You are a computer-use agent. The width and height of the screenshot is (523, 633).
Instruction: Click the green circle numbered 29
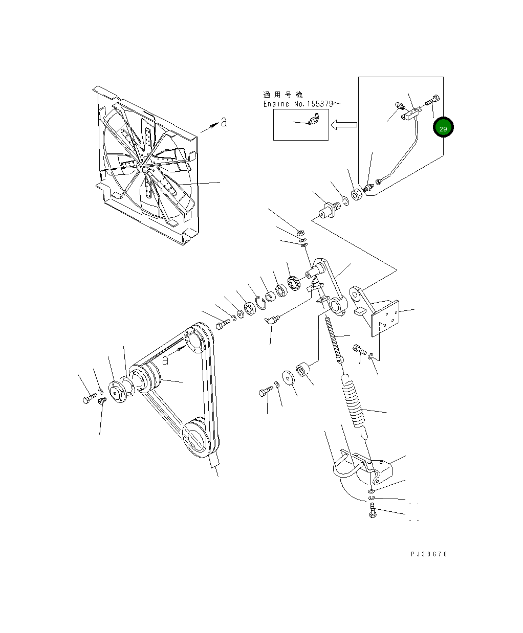443,128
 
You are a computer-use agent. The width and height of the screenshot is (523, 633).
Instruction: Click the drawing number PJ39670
428,554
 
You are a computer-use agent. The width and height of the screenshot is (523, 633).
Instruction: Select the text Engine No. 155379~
302,104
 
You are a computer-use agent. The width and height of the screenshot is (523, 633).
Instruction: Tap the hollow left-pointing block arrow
343,124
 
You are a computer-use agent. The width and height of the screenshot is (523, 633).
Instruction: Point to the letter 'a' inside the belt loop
165,360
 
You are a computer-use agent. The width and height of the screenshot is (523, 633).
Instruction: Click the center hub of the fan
139,167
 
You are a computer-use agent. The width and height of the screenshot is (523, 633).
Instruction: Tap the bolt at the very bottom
372,511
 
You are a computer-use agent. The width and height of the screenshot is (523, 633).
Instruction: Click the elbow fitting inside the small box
313,120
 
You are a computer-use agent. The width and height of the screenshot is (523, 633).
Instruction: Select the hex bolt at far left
88,398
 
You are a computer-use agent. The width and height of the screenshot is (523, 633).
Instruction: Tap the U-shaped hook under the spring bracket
346,470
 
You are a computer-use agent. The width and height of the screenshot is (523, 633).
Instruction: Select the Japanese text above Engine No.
282,95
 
